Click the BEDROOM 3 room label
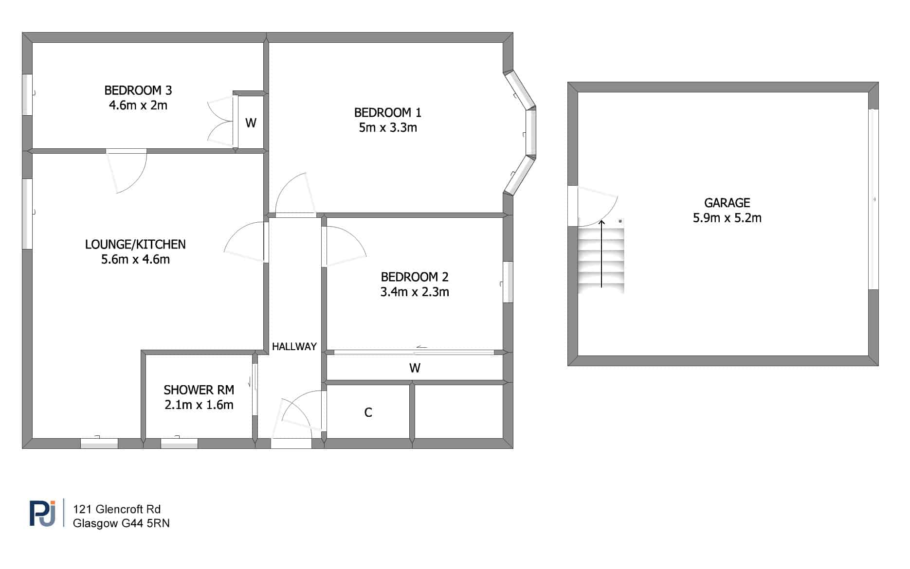click(138, 90)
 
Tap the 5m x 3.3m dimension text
click(388, 128)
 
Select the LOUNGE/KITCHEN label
click(135, 245)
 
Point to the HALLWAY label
click(294, 347)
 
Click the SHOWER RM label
click(199, 390)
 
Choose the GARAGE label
click(727, 203)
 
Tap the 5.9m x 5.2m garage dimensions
click(727, 218)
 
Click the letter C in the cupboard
click(368, 412)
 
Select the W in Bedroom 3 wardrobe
click(251, 123)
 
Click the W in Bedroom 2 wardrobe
click(415, 368)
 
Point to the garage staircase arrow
click(601, 253)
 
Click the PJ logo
click(43, 513)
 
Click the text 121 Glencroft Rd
click(117, 509)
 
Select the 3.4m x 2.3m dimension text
click(415, 292)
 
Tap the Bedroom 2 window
click(508, 282)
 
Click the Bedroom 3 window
click(27, 95)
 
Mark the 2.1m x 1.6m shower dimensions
click(199, 405)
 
